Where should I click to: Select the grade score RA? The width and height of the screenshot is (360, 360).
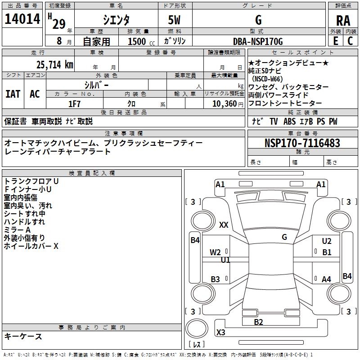tap(343, 20)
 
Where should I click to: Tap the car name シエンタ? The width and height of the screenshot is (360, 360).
tap(116, 20)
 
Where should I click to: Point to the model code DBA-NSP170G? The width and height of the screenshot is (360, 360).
tap(258, 41)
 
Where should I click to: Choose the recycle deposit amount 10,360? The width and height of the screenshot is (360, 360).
tap(222, 104)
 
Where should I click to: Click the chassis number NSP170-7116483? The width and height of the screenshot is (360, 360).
tap(302, 144)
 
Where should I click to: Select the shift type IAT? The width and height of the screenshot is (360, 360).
tap(13, 94)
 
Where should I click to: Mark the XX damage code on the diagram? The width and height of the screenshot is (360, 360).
tap(224, 225)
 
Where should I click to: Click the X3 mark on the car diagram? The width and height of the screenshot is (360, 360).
tap(221, 333)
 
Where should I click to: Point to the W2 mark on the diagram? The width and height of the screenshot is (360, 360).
tap(216, 252)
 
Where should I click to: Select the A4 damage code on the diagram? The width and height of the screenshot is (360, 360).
tap(327, 279)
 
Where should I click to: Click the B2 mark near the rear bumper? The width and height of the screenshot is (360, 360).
tap(258, 322)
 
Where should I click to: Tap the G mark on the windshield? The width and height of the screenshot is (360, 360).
tap(284, 237)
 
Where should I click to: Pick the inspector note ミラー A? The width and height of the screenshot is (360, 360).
tap(17, 230)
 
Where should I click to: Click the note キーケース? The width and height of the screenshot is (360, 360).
tap(23, 337)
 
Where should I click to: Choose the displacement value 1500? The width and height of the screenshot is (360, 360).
tap(137, 42)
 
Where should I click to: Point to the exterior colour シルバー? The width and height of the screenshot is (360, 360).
tap(96, 85)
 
